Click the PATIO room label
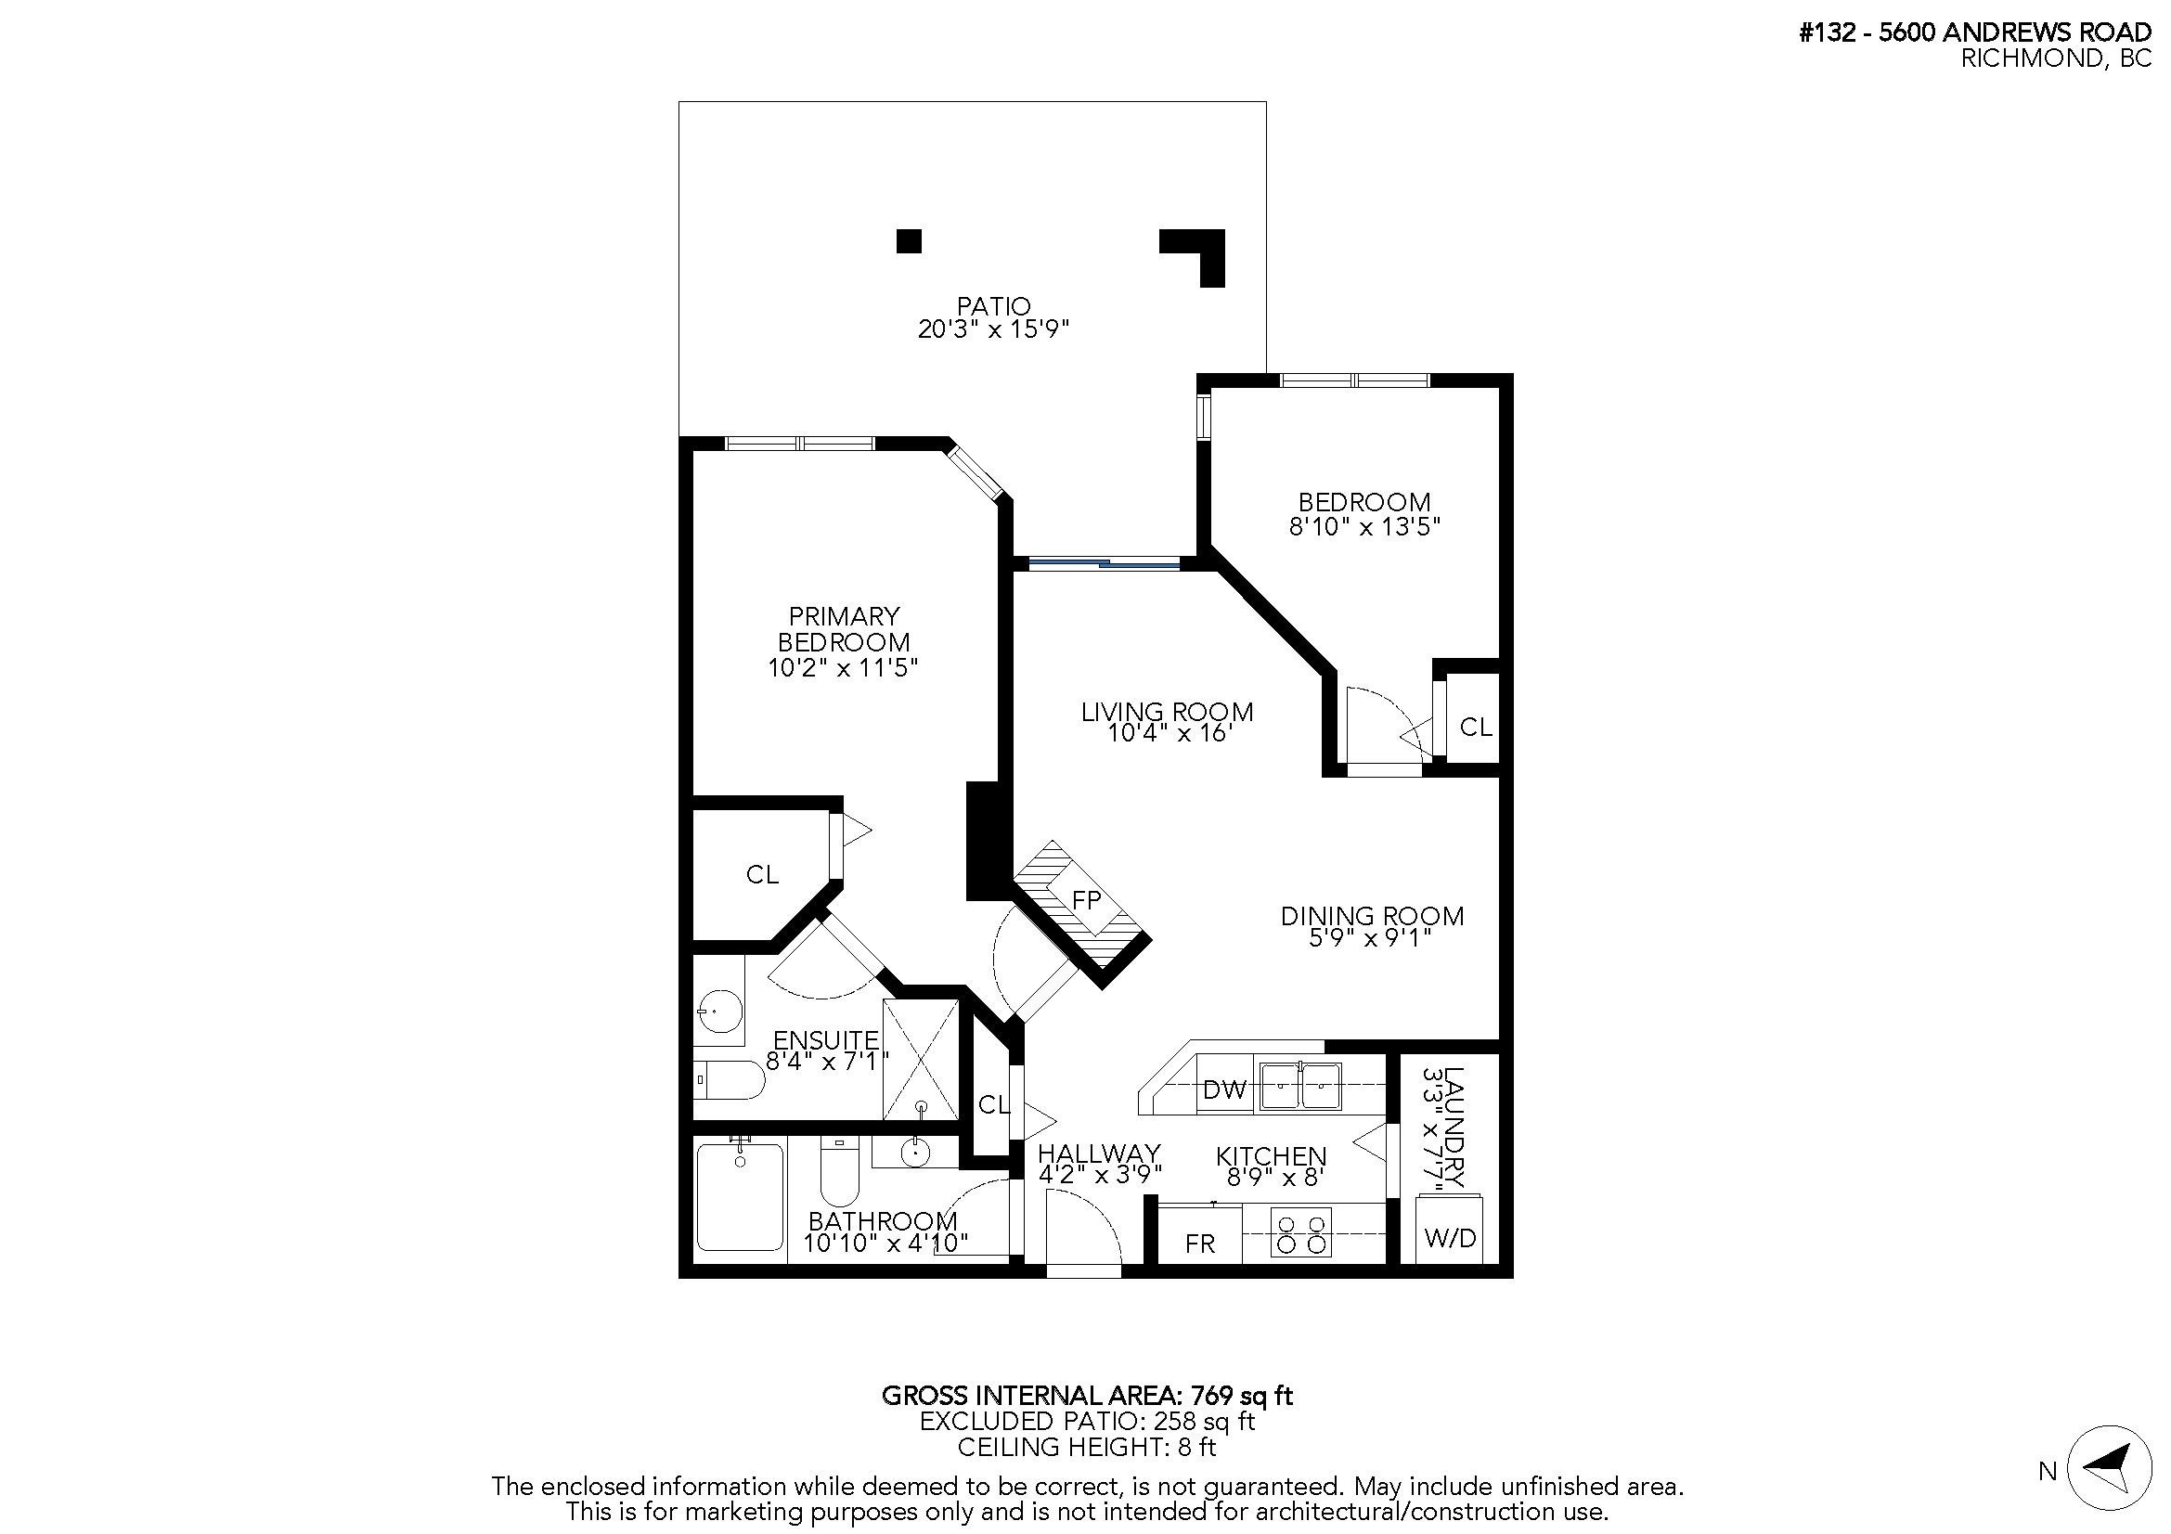993,306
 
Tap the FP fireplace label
1087,900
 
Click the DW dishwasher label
1224,1090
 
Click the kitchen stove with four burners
1301,1232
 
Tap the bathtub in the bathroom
740,1197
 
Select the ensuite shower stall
920,1060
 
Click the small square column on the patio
909,241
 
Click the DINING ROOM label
1372,915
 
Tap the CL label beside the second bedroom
1476,727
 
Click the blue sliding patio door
1105,564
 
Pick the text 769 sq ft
1242,1395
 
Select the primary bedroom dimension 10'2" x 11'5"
843,667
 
